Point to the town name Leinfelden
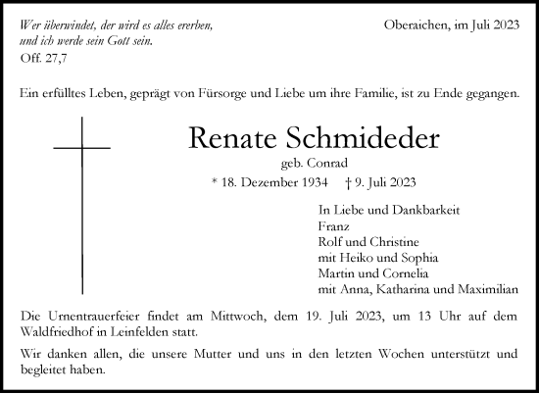tap(136, 334)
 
